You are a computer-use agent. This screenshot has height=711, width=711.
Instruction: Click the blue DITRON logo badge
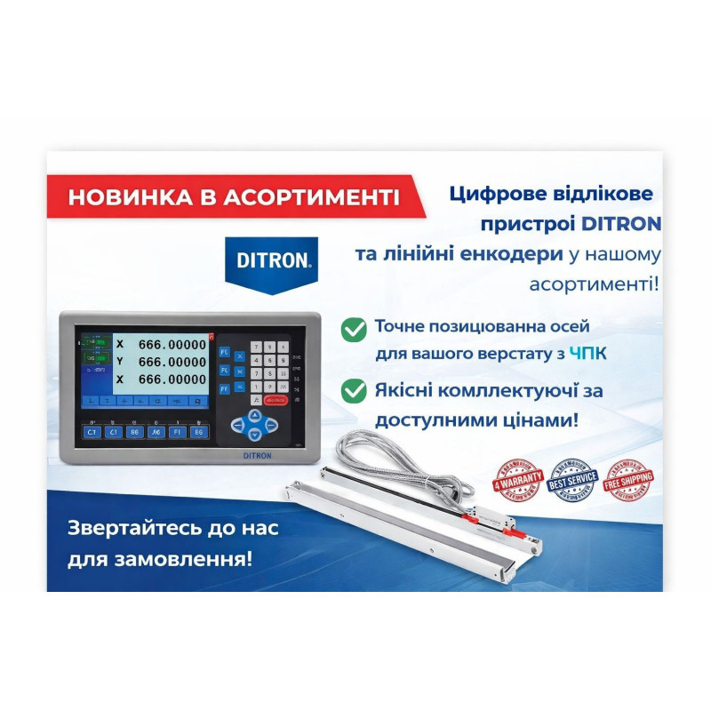(274, 260)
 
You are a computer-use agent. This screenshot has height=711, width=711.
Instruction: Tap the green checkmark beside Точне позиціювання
(354, 330)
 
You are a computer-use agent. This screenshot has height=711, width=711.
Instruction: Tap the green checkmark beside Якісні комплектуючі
(354, 390)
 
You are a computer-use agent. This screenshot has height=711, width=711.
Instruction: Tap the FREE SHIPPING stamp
(628, 479)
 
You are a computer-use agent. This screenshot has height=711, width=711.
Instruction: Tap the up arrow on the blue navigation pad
(255, 413)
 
